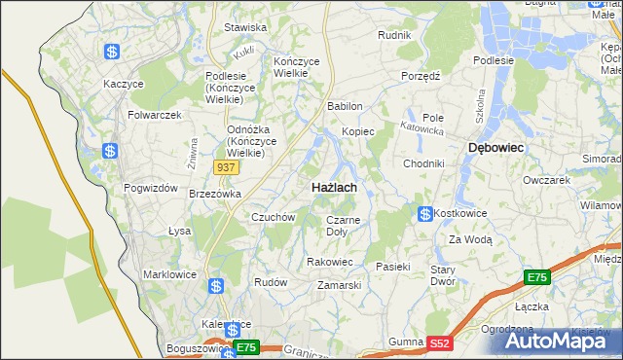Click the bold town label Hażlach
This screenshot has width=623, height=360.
333,187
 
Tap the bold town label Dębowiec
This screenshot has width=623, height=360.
496,147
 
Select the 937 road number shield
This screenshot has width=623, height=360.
226,167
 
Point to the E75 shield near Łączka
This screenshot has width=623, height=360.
537,278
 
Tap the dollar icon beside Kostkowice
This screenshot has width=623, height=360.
424,213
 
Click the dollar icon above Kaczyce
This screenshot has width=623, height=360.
113,52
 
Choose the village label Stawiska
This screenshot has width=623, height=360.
245,27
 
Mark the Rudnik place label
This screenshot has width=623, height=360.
394,35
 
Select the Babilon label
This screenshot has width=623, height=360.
346,106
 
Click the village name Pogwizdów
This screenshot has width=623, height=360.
150,188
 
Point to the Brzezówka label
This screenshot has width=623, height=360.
214,194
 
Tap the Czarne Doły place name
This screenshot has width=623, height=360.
343,226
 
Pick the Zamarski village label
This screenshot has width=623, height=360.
340,285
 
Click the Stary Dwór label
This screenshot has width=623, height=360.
444,274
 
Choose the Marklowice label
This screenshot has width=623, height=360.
170,273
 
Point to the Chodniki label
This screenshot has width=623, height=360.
423,163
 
